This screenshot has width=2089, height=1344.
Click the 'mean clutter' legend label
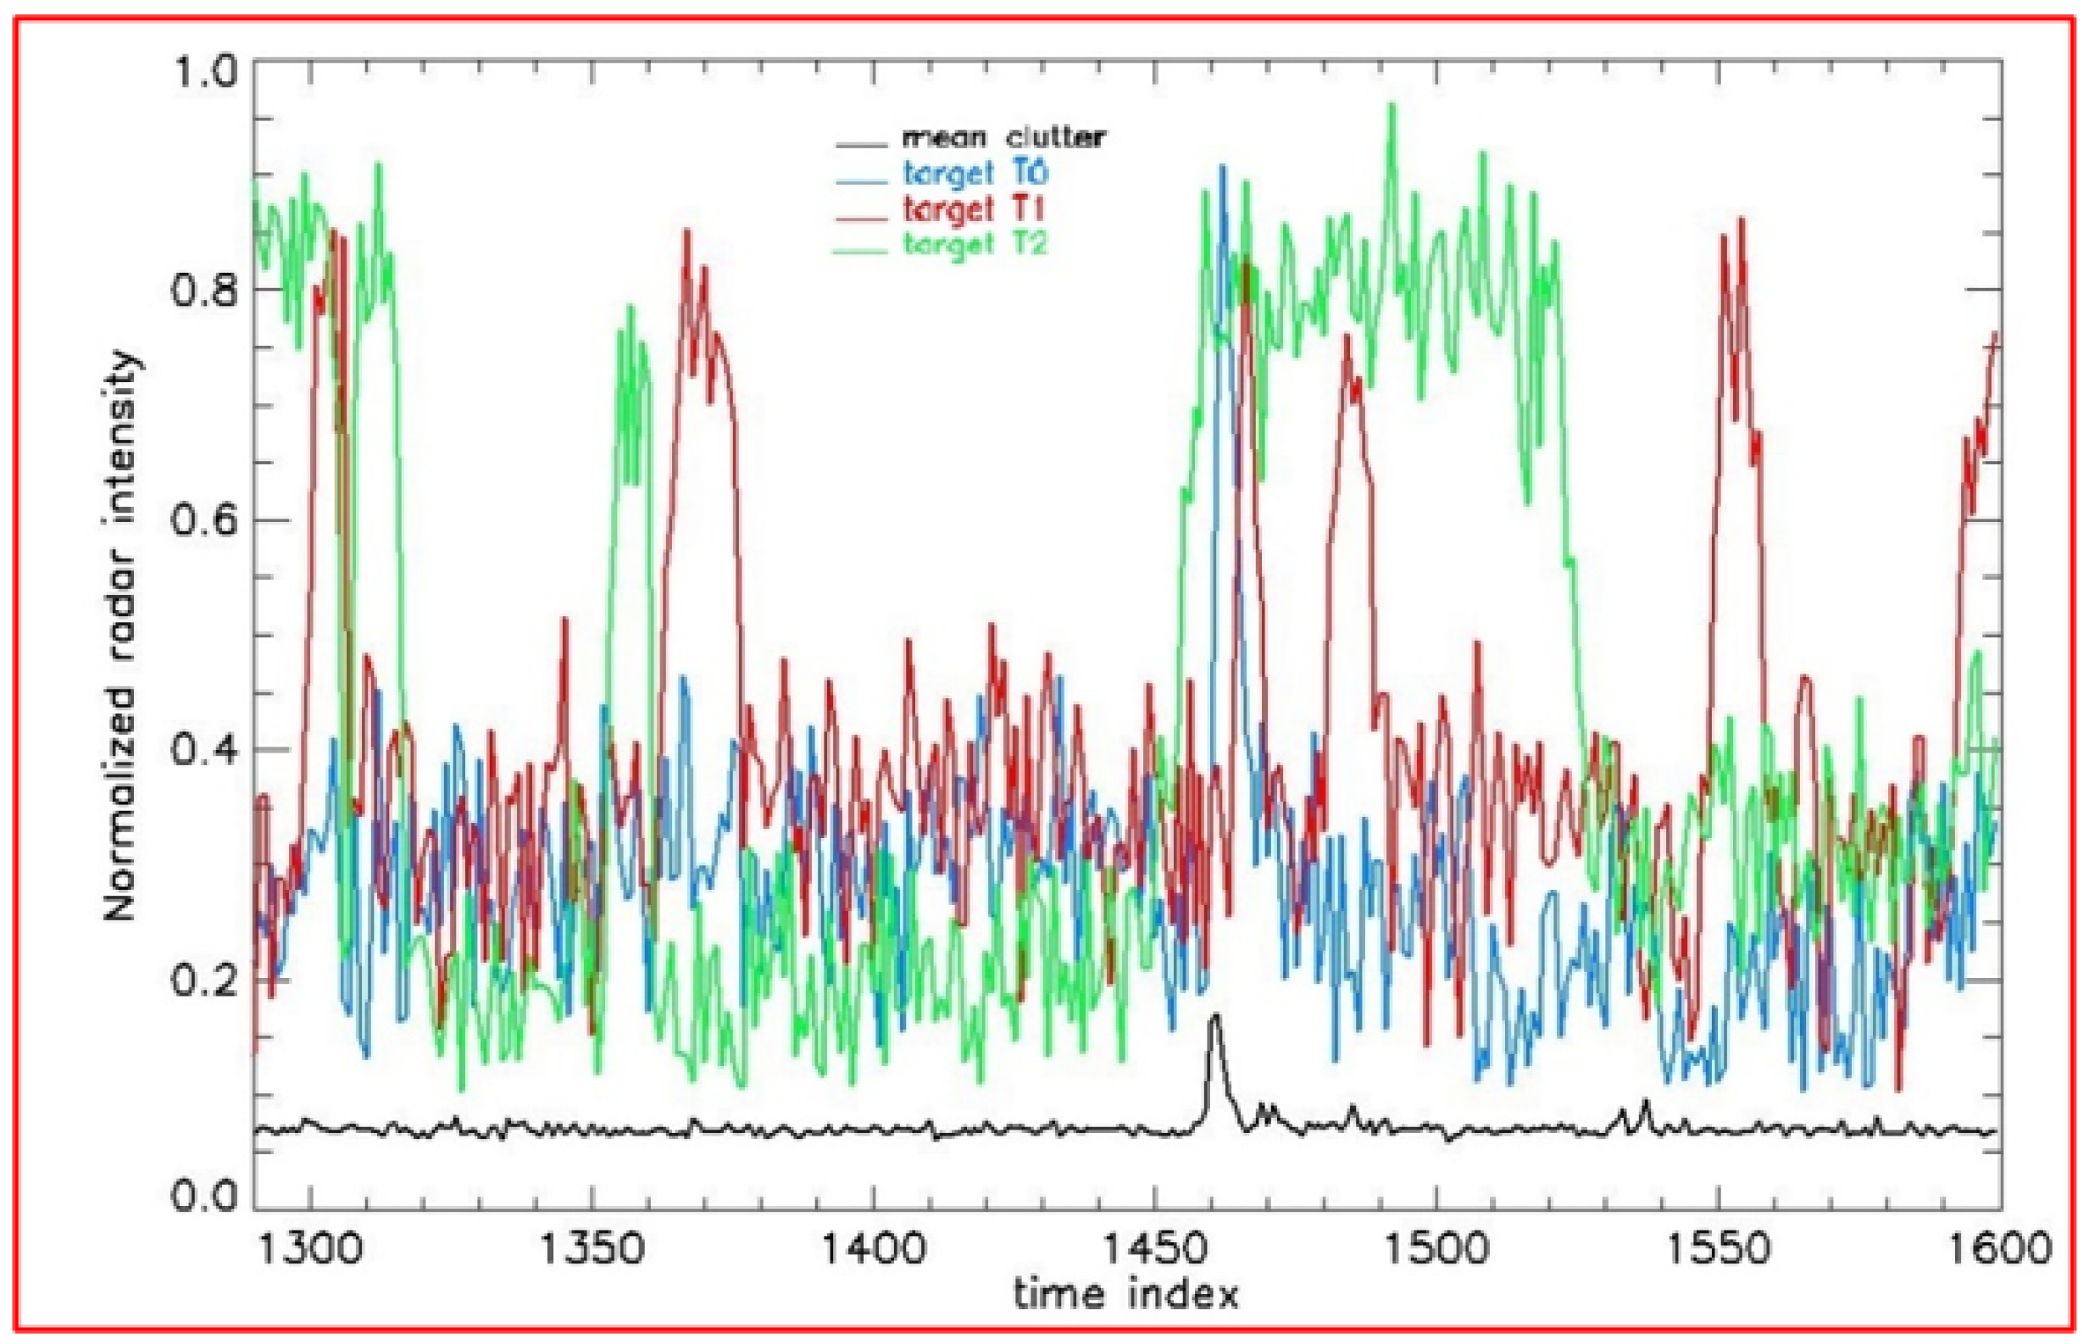click(1003, 138)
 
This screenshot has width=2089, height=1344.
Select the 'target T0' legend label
click(975, 173)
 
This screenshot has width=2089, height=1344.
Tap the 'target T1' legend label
click(974, 209)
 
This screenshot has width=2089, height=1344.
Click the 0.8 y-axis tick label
click(205, 290)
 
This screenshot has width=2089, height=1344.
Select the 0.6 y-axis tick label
click(205, 520)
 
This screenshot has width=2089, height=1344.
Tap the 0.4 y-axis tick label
click(205, 751)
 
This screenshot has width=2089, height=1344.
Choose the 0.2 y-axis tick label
click(205, 981)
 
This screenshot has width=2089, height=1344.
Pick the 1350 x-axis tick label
click(592, 1249)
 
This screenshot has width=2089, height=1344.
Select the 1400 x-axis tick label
click(874, 1249)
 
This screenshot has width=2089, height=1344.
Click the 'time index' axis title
click(1125, 1293)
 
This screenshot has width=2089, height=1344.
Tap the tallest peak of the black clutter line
click(1214, 1016)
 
